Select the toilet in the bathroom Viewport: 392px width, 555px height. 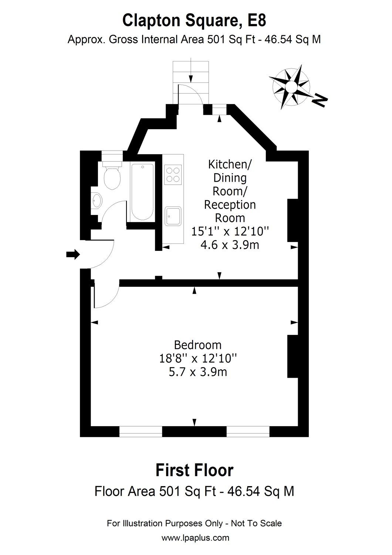tap(112, 176)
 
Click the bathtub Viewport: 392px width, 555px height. tap(142, 192)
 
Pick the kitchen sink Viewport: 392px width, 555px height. tap(173, 216)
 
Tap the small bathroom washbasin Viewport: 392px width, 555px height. tap(97, 201)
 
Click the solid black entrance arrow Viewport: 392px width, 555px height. tap(73, 254)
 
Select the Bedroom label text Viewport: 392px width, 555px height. tap(197, 345)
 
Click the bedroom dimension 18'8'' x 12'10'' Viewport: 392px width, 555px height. tap(197, 358)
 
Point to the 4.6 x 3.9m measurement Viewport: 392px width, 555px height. tap(230, 245)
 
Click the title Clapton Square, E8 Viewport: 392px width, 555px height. tap(194, 21)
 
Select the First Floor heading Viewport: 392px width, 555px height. tap(194, 470)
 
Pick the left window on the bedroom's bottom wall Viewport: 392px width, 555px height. tap(141, 431)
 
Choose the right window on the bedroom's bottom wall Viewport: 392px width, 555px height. tap(248, 431)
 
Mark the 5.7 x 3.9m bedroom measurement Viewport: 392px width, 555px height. tap(197, 371)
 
